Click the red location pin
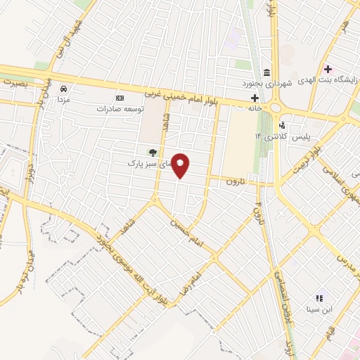[x=181, y=165]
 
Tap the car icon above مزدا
[x=64, y=89]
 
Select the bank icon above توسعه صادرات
[x=120, y=98]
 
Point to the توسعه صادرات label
[x=120, y=109]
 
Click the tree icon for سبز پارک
[x=150, y=152]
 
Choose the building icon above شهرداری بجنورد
[x=266, y=72]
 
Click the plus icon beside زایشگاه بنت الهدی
[x=328, y=69]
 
